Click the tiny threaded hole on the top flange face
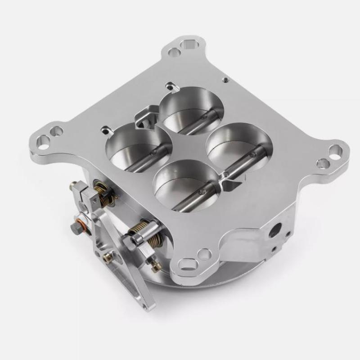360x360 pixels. tap(224, 81)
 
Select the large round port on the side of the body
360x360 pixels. tap(274, 228)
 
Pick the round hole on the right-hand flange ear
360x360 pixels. tap(322, 163)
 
